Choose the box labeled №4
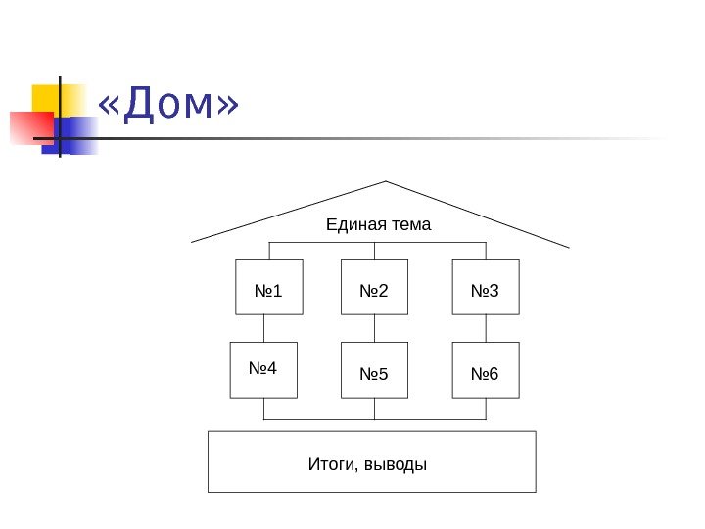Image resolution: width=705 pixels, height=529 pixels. (263, 370)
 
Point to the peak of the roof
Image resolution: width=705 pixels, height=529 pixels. (386, 182)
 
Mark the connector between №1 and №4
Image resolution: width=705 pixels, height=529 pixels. (263, 328)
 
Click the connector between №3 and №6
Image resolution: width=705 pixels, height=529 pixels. (486, 328)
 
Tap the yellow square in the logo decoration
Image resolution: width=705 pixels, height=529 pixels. (48, 99)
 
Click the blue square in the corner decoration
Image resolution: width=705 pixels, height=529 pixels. (78, 135)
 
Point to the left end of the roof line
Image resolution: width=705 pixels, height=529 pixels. (192, 240)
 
